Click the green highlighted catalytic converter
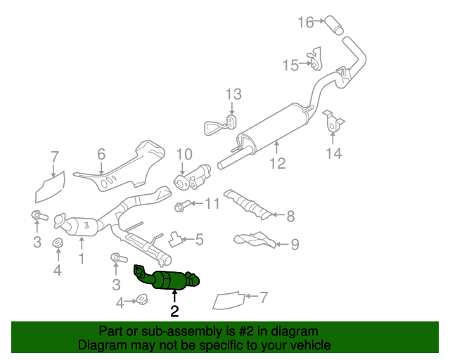coord(169,279)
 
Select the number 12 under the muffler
coord(277,163)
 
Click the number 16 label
coord(305,22)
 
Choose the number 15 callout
coord(290,65)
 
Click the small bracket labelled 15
coord(316,59)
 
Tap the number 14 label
coord(333,152)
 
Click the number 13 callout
coord(233,94)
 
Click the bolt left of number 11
coord(180,206)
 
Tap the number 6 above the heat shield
coord(101,153)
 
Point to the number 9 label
coord(295,244)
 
